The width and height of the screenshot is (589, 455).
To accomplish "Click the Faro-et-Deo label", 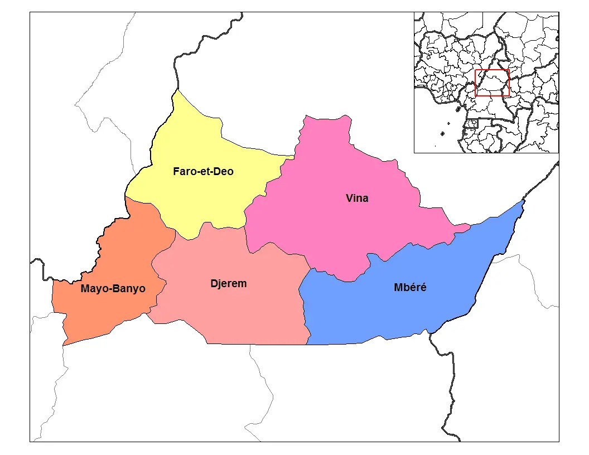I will [203, 172].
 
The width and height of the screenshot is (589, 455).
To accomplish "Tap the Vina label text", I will [357, 198].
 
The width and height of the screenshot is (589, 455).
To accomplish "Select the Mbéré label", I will [409, 288].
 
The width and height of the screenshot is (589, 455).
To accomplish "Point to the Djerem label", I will [229, 283].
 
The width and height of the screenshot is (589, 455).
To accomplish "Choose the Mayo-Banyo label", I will [113, 289].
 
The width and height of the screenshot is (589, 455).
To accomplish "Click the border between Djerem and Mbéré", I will [305, 312].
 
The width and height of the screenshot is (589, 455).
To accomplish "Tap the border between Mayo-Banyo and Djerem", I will [159, 290].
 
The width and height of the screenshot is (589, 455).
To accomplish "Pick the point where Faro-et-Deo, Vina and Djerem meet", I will [245, 226].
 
